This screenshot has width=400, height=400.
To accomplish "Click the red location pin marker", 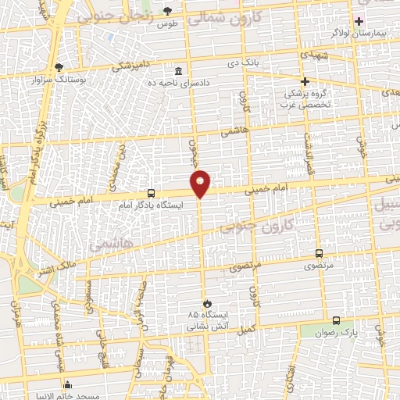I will (x=201, y=182).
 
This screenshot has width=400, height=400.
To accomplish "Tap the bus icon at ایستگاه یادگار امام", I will (x=151, y=193).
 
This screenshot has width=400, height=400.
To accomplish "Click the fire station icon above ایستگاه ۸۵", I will (x=206, y=302).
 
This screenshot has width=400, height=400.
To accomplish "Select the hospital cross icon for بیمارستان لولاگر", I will (x=359, y=21).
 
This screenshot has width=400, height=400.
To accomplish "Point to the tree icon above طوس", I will (x=168, y=11).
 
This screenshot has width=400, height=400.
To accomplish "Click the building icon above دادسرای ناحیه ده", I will (x=179, y=72).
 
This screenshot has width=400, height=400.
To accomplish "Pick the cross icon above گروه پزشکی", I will (x=305, y=80).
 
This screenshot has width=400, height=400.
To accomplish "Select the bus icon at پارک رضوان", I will (x=336, y=320).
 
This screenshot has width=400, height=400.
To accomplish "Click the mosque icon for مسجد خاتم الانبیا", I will (x=69, y=385).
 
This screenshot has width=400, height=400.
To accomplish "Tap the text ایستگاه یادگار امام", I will (x=151, y=205).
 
